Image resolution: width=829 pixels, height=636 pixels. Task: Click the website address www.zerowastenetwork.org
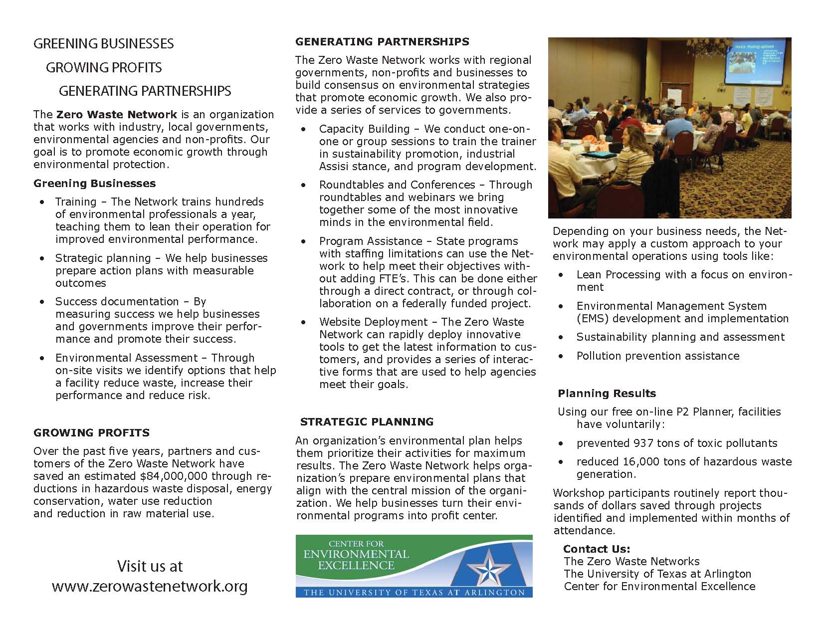tap(150, 586)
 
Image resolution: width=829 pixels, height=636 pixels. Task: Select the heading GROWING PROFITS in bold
tap(91, 432)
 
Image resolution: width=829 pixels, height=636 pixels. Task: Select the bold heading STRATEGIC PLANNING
tap(367, 422)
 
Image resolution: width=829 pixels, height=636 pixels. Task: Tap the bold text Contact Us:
tap(597, 549)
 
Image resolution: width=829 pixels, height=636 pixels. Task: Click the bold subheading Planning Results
tap(607, 393)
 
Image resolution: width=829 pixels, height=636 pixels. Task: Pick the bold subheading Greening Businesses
tap(94, 184)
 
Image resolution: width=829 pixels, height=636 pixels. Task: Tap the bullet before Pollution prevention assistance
tap(562, 356)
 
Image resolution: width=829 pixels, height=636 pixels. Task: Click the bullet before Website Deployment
tap(304, 322)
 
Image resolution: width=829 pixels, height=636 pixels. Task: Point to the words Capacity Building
tap(364, 129)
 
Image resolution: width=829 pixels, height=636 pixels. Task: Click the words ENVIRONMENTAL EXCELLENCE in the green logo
tap(356, 560)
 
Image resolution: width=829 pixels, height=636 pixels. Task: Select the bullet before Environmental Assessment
tap(43, 358)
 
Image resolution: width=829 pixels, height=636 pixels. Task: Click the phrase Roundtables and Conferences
tap(397, 185)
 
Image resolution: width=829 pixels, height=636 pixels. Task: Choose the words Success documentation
tap(117, 301)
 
